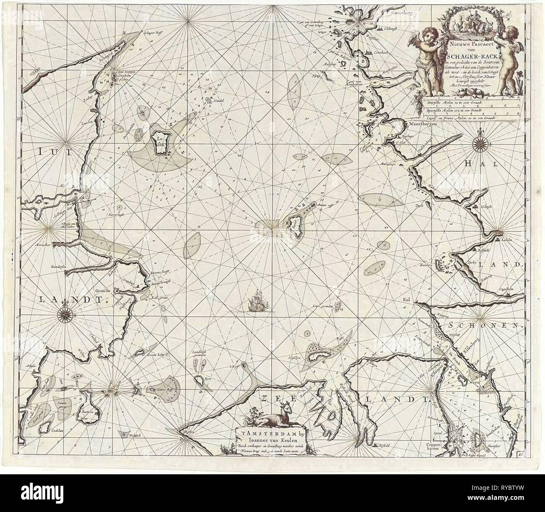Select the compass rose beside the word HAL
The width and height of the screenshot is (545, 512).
(x=479, y=144)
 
